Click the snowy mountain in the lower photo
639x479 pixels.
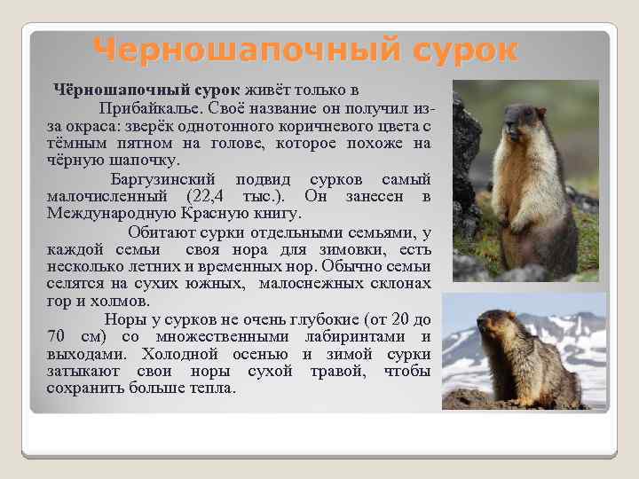568,328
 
